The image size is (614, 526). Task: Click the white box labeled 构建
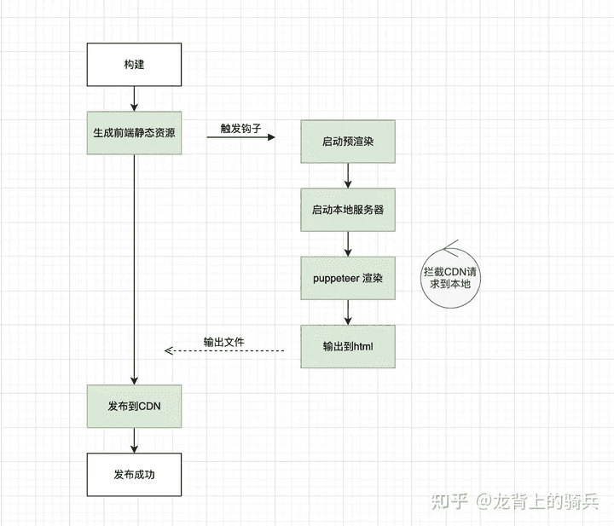click(134, 65)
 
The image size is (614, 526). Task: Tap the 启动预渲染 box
click(348, 142)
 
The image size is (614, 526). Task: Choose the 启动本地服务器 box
click(348, 210)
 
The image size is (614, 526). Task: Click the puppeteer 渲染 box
click(348, 278)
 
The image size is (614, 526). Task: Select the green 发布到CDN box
click(134, 406)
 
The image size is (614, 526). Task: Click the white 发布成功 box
click(134, 474)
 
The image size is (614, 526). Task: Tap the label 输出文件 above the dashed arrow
click(223, 342)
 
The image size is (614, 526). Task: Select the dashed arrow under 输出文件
click(224, 350)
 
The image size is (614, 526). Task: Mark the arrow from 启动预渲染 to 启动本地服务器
click(348, 176)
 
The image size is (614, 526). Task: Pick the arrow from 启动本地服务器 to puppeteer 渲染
click(348, 244)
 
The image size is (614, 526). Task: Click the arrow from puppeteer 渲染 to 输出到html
click(348, 312)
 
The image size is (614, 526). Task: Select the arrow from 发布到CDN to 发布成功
click(134, 440)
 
